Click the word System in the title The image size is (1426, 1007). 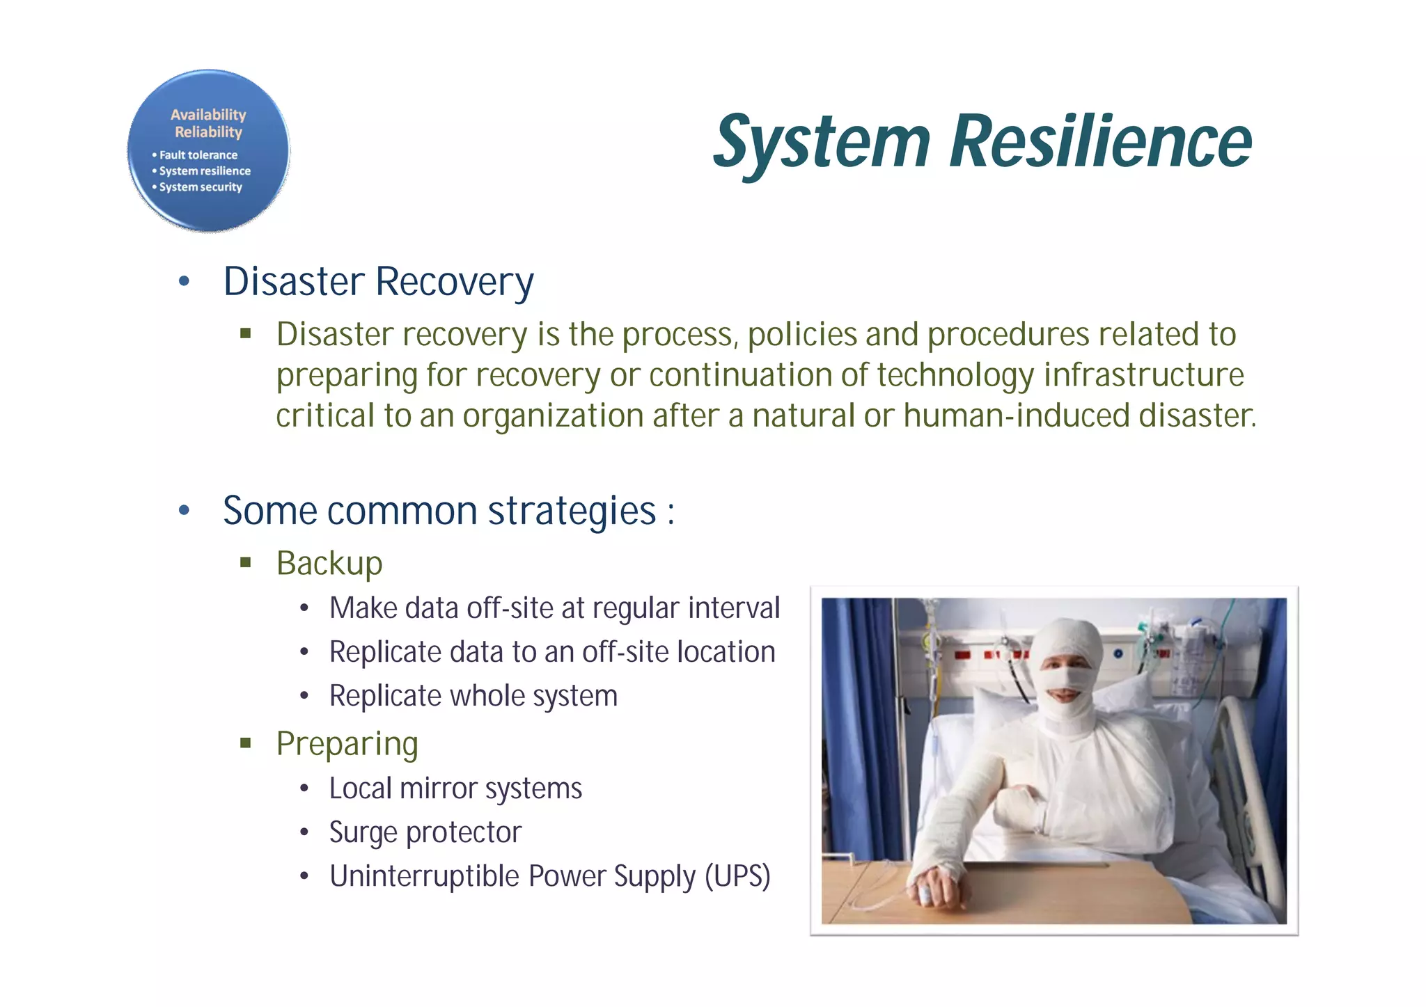click(822, 142)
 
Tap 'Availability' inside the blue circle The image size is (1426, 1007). click(208, 115)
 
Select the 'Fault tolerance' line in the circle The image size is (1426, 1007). click(198, 155)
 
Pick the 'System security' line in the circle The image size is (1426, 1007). click(201, 187)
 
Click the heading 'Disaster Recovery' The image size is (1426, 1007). click(378, 282)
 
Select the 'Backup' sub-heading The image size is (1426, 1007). click(329, 563)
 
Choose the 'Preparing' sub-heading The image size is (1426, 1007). click(347, 744)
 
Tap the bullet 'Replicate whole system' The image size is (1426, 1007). click(473, 696)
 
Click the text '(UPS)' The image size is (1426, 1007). click(737, 876)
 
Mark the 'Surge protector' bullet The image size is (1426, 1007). click(425, 832)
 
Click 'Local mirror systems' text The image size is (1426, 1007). click(455, 788)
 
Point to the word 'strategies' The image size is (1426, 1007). click(572, 512)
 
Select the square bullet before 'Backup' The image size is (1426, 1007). click(245, 562)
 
